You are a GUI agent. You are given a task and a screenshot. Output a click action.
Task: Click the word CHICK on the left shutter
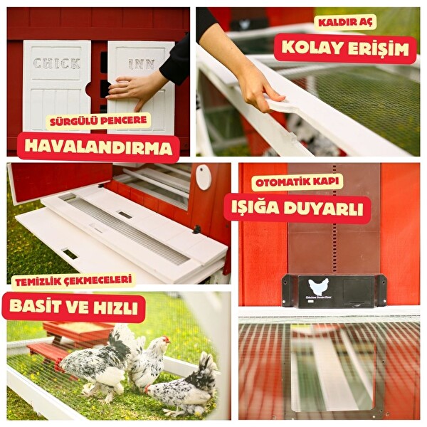[56, 63]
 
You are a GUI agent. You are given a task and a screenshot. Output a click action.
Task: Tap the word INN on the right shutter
[142, 64]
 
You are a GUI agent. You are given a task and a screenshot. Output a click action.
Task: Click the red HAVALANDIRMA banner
[98, 147]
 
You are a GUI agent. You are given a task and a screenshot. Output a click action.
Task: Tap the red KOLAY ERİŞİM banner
[345, 48]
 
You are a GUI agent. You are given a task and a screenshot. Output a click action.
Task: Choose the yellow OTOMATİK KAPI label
[297, 182]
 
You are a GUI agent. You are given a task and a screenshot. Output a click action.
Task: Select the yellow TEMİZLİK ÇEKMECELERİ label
[73, 280]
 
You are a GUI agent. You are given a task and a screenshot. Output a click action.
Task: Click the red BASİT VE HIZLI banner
[74, 307]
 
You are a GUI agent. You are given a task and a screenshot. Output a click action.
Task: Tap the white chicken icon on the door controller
[319, 287]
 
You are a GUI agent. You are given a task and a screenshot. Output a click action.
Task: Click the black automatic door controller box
[334, 290]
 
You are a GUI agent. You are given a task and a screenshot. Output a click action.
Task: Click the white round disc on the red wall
[204, 178]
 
